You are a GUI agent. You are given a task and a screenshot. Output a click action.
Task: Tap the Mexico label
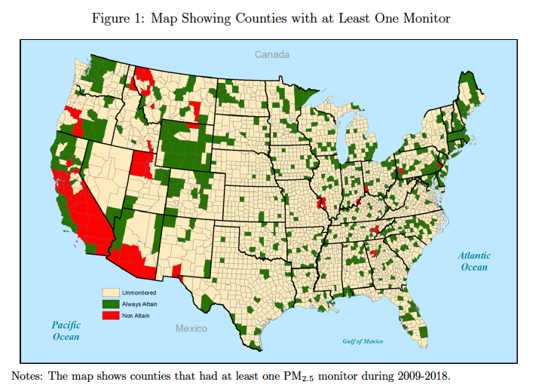tap(191, 328)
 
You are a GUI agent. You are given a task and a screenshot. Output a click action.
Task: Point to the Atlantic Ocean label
tap(474, 261)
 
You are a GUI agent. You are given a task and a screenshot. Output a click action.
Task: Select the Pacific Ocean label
tap(66, 331)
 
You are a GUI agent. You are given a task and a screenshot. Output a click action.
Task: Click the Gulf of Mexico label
tap(363, 341)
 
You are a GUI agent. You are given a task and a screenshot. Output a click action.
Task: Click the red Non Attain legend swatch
tap(111, 315)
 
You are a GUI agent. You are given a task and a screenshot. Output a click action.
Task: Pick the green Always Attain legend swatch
tap(111, 303)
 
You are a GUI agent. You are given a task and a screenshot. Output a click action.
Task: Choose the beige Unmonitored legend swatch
tap(111, 291)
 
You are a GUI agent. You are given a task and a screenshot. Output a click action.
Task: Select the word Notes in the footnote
tap(28, 375)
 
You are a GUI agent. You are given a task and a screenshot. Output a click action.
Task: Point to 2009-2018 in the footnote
tap(422, 375)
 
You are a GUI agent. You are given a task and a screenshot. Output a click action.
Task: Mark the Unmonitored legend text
tap(139, 292)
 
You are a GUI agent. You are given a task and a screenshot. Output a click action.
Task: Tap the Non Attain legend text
tap(136, 315)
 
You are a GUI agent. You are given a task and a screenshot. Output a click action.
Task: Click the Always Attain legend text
tap(139, 303)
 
